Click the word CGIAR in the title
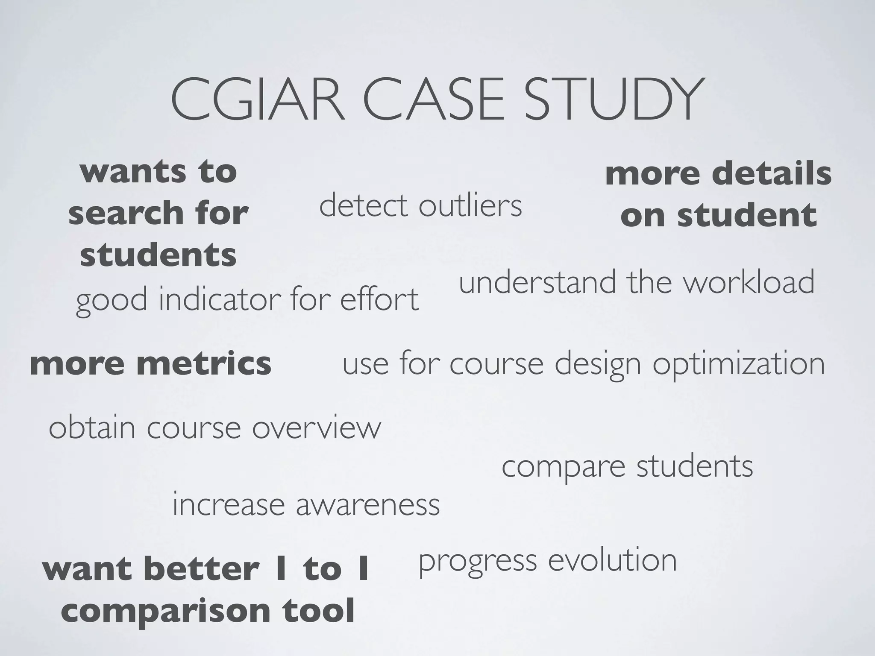click(258, 100)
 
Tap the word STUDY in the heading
click(614, 100)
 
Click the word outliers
click(470, 205)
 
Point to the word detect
click(364, 205)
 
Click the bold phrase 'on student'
click(718, 215)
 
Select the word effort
click(379, 299)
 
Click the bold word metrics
click(204, 363)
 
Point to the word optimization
click(738, 364)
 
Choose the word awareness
click(367, 505)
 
